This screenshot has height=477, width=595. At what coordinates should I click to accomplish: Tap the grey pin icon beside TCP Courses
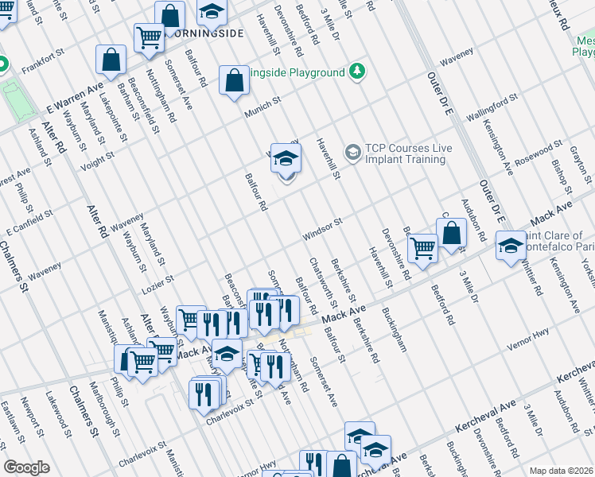[x=351, y=151]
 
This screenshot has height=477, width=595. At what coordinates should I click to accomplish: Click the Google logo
[x=26, y=467]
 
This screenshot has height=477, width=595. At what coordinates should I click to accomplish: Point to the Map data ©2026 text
[x=561, y=471]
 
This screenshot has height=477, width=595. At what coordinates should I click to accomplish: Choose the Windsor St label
[x=321, y=230]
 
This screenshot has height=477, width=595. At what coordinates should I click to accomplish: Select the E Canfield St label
[x=29, y=225]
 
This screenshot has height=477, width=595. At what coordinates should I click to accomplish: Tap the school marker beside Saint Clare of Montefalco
[x=510, y=245]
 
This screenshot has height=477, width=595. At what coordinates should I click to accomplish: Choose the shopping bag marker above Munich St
[x=233, y=80]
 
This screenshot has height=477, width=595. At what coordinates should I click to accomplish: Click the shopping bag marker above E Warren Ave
[x=111, y=60]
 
